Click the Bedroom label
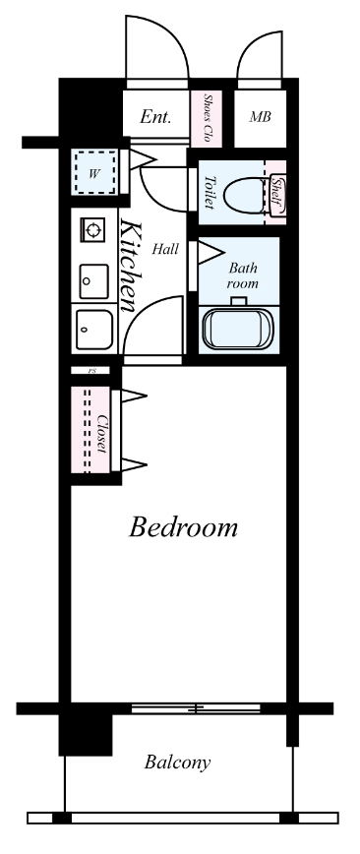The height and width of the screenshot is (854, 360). coord(183,527)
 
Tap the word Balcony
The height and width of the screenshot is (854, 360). coord(177,762)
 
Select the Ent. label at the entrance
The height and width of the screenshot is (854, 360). coord(155,116)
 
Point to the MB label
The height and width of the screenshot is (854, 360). coord(260,116)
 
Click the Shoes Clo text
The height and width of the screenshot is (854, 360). coord(207,118)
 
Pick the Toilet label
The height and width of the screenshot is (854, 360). coord(209,192)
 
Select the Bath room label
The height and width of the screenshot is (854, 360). coord(242,275)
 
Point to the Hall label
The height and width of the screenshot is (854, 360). coord(165,250)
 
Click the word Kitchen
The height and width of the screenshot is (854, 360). coord(130,267)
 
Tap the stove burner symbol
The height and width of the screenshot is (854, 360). coord(93,230)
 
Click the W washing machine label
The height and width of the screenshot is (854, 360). coord(94,174)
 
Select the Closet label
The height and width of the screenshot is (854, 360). coord(101,434)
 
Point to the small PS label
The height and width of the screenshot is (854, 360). coord(92,370)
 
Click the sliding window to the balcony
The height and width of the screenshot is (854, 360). coord(196,708)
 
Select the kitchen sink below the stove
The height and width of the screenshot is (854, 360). coord(93,281)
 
